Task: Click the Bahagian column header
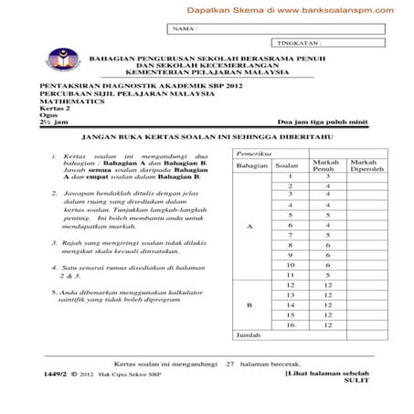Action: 249,165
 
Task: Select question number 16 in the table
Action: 289,324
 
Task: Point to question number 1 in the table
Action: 289,175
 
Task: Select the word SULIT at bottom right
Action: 351,381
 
